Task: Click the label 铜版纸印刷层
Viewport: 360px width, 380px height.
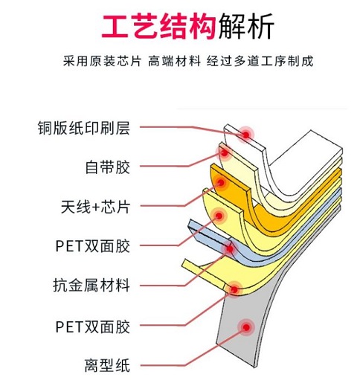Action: point(84,128)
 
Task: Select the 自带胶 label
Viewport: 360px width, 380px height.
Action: point(107,167)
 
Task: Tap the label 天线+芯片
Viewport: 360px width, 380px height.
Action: point(95,207)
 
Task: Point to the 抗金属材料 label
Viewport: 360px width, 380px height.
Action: point(91,286)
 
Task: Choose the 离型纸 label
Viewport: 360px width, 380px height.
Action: point(107,365)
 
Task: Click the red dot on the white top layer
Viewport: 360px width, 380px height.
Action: point(245,135)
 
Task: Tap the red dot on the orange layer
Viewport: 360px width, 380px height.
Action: point(221,183)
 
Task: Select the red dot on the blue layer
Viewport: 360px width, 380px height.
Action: point(230,248)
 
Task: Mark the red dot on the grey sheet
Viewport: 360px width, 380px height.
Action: point(246,327)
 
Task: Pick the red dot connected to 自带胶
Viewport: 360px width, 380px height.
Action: point(225,153)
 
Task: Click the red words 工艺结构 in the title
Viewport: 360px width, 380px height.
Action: point(158,27)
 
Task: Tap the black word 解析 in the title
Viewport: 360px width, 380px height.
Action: point(246,27)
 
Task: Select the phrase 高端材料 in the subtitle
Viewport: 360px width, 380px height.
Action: point(174,61)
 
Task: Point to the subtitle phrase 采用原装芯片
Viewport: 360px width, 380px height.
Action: point(102,61)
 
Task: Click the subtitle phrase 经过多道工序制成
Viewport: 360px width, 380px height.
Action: point(260,61)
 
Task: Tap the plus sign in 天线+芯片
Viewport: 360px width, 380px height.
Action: point(95,207)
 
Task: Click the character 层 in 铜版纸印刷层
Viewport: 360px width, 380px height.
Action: point(123,128)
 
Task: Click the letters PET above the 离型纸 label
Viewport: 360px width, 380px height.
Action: point(69,326)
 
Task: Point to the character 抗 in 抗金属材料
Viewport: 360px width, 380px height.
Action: point(60,286)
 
